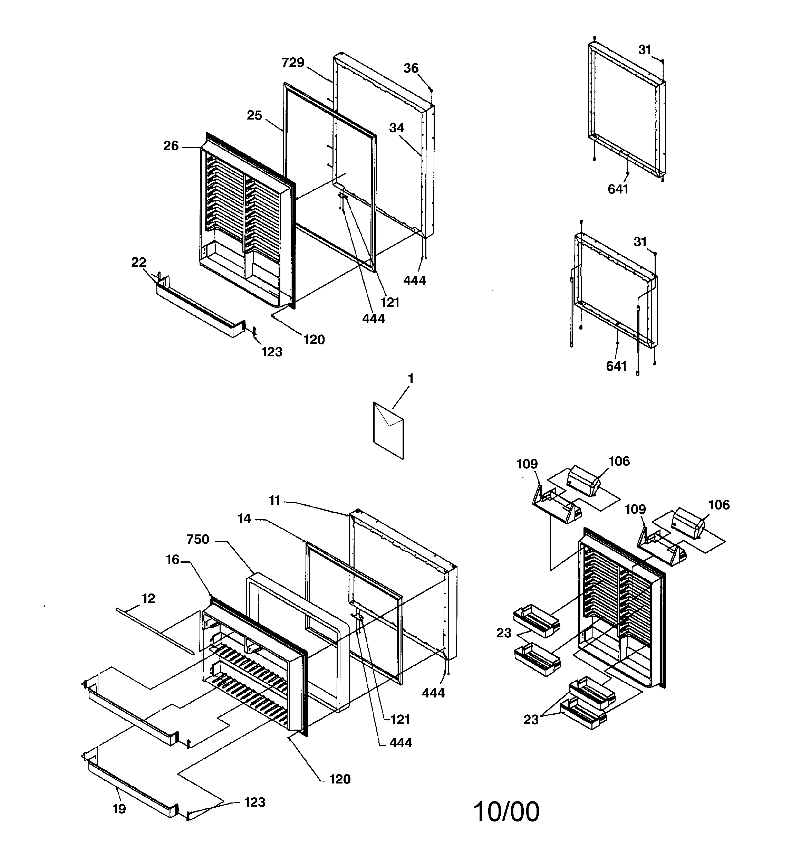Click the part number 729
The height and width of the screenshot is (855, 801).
click(293, 63)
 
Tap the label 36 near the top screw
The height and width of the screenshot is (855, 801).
click(411, 68)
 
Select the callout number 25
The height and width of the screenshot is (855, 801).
click(254, 116)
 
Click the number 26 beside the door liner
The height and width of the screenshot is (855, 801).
click(171, 146)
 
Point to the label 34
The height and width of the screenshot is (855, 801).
click(396, 128)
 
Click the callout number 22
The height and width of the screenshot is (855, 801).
click(138, 262)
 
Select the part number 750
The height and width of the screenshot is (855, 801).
click(198, 539)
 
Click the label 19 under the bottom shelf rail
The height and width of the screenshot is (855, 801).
click(119, 809)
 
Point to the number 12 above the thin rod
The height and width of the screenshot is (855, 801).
click(148, 598)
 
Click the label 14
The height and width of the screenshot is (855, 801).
click(244, 519)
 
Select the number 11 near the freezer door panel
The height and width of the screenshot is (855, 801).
click(274, 500)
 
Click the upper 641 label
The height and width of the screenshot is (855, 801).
click(618, 189)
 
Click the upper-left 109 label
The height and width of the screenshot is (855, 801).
click(527, 464)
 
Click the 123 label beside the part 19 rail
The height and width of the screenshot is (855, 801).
click(254, 802)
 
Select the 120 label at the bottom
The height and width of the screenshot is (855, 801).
click(340, 779)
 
